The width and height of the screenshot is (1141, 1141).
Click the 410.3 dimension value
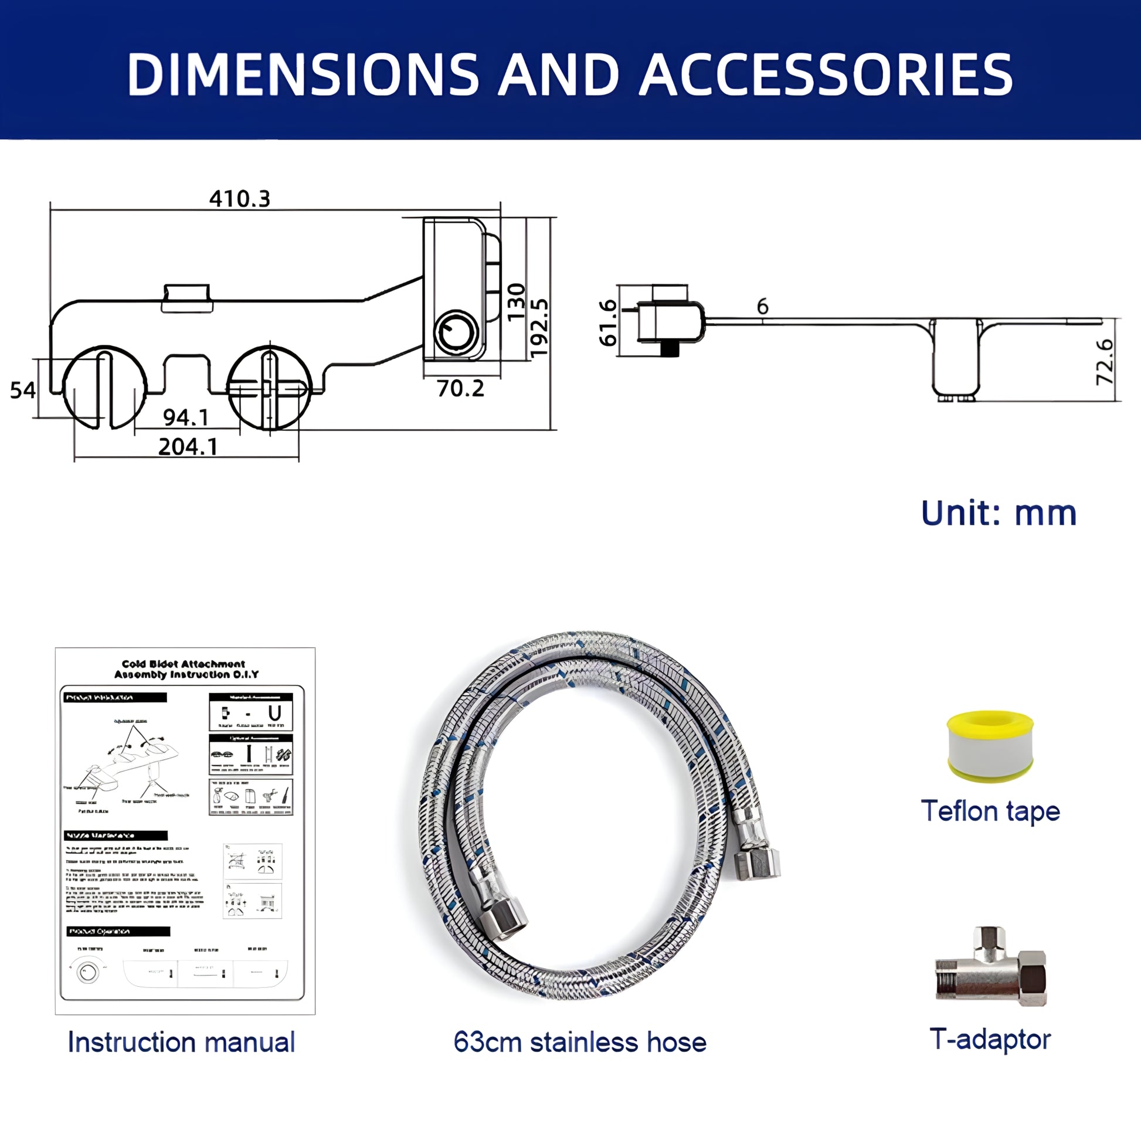[240, 198]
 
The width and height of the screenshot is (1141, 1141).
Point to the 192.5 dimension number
[539, 328]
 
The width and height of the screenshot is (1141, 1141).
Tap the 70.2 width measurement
[461, 388]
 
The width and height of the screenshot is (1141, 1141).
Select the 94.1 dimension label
[186, 417]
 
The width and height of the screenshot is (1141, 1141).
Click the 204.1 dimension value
[188, 446]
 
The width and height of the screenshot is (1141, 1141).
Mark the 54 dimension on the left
[22, 390]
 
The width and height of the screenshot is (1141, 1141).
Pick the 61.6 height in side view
[607, 322]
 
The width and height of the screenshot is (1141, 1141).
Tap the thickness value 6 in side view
[762, 307]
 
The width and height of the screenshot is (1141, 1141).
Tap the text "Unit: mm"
[999, 513]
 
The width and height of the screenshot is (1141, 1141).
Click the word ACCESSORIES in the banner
[826, 74]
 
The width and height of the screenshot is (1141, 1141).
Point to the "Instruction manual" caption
[181, 1042]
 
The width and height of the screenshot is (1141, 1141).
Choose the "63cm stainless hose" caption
[580, 1042]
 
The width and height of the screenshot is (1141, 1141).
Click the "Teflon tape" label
[990, 811]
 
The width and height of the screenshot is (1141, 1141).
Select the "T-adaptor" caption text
[990, 1040]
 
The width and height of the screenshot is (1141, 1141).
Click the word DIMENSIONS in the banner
[303, 74]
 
